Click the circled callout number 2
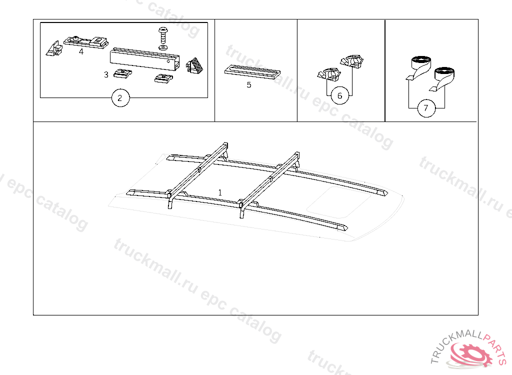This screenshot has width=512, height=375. (x=120, y=97)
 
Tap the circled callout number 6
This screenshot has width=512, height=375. (x=339, y=95)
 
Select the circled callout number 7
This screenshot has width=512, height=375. (x=426, y=108)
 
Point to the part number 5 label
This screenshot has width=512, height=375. (x=249, y=85)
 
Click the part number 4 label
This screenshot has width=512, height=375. (x=81, y=51)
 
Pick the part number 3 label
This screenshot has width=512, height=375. (x=106, y=75)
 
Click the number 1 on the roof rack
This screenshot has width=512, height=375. (x=220, y=192)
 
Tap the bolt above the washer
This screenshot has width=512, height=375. (x=162, y=35)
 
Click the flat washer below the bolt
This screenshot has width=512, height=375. (x=163, y=47)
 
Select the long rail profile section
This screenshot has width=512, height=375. (x=144, y=59)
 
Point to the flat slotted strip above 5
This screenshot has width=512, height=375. (x=252, y=72)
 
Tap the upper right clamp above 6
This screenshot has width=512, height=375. (x=351, y=61)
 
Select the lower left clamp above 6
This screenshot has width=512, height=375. (x=329, y=74)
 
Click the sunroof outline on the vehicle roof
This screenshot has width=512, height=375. (x=339, y=202)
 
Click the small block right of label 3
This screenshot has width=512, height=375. (x=123, y=73)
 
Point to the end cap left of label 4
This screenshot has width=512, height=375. (x=54, y=48)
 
